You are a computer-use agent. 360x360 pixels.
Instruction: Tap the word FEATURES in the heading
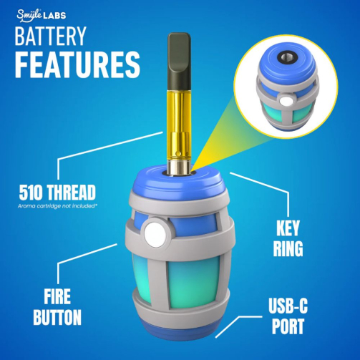coord(78,64)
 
